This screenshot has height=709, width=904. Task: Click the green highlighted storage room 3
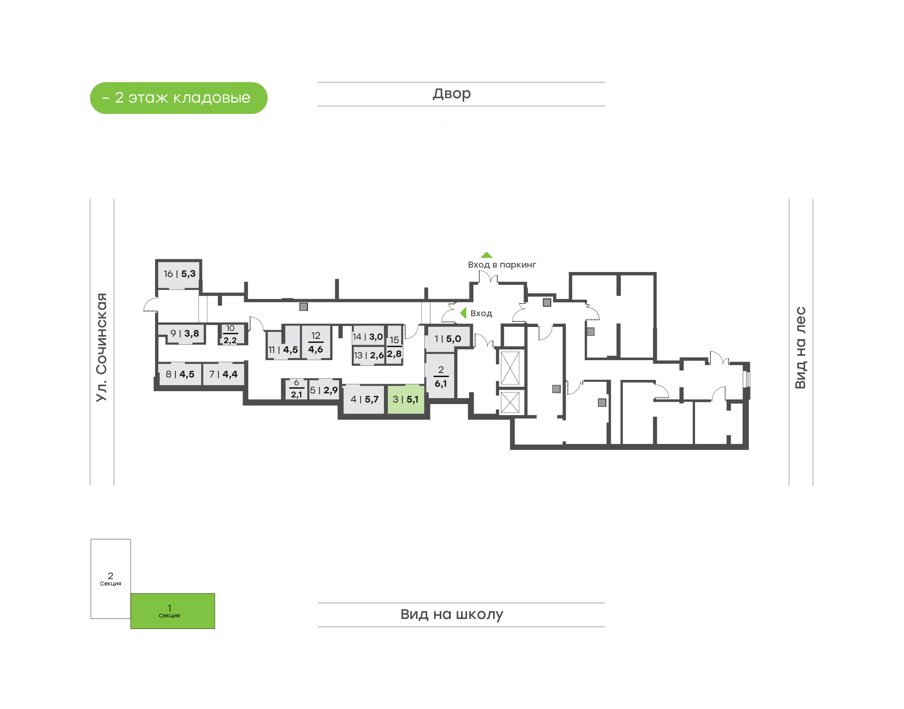(406, 399)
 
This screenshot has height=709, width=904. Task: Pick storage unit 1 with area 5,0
(448, 339)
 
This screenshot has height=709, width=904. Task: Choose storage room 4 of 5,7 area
(364, 399)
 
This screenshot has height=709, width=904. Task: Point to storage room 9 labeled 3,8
(184, 333)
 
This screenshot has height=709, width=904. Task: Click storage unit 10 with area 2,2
(230, 334)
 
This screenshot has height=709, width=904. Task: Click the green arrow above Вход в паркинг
(486, 255)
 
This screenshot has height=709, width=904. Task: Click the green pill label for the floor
(179, 98)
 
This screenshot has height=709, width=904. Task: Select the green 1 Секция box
(173, 611)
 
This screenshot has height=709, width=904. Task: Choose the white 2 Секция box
(110, 579)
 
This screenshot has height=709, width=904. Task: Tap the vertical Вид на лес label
(800, 348)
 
